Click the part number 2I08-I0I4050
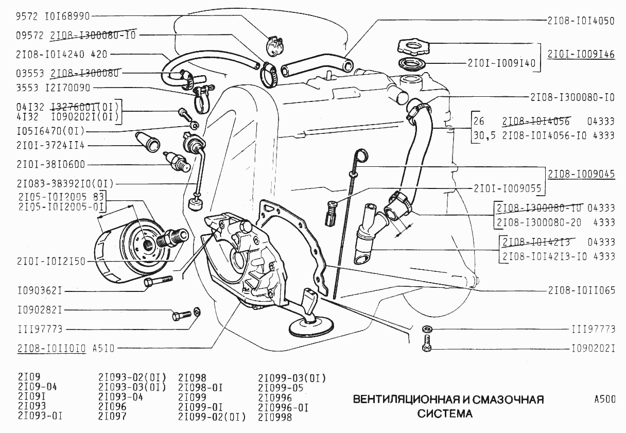pos(581,21)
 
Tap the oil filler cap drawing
pos(413,47)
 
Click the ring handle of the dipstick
pos(361,154)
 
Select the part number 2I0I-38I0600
pos(51,165)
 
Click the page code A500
pos(604,400)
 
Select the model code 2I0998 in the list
pos(275,417)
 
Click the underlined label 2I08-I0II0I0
pos(51,348)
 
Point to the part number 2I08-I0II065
pos(581,290)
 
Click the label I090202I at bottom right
pos(593,349)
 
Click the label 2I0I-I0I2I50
pos(51,262)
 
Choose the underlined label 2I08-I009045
pos(581,174)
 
